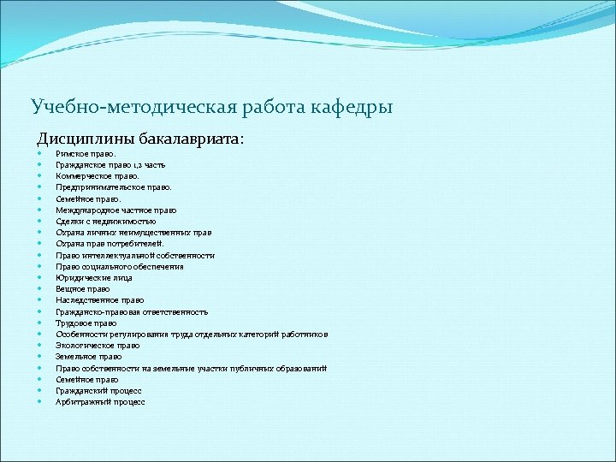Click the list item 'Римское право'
pos(84,153)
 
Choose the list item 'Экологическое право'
pos(98,346)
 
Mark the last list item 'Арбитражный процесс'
pos(100,402)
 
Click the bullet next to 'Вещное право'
pos(40,289)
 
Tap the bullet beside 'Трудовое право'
pos(40,323)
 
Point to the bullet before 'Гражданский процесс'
pos(40,391)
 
